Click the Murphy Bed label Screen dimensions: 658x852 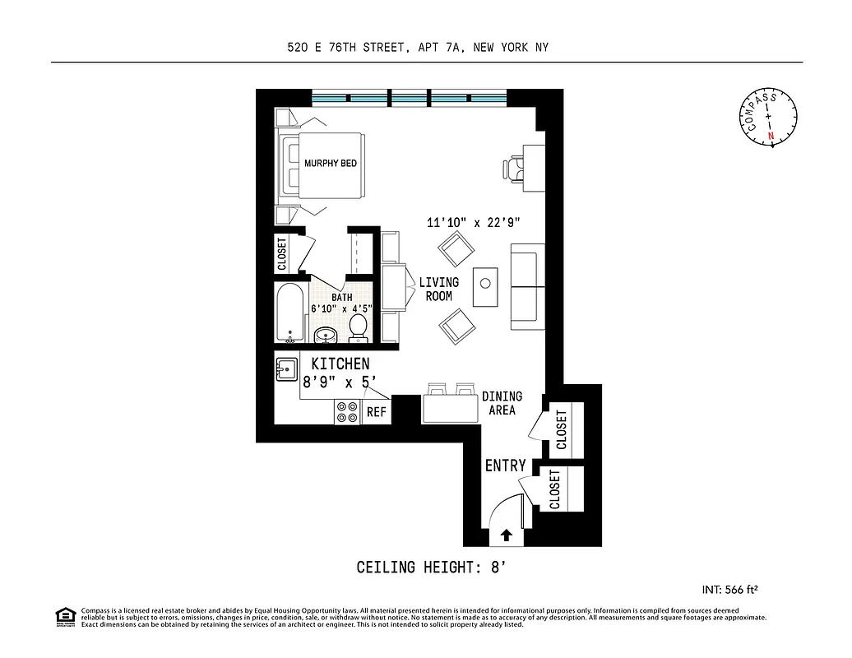[x=331, y=164]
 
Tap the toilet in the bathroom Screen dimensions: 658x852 [x=358, y=328]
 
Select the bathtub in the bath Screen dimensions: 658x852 [x=290, y=313]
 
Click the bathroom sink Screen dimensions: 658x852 [x=324, y=334]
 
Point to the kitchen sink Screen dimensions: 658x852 [x=286, y=370]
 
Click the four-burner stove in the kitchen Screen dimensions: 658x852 [x=347, y=411]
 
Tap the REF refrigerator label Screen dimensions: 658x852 [x=377, y=412]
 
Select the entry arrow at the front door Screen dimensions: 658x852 [x=506, y=535]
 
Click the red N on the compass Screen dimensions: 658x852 [x=771, y=137]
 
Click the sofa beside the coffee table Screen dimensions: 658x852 [x=527, y=283]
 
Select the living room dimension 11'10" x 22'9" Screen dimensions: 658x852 [x=473, y=222]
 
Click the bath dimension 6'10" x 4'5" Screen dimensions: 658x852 [x=342, y=309]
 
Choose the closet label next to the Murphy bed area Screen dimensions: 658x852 [x=282, y=255]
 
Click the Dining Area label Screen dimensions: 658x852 [x=502, y=403]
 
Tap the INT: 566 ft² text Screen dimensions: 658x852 [x=729, y=589]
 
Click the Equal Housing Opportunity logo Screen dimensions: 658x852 [x=65, y=616]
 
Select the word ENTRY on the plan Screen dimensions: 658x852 [x=505, y=466]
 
